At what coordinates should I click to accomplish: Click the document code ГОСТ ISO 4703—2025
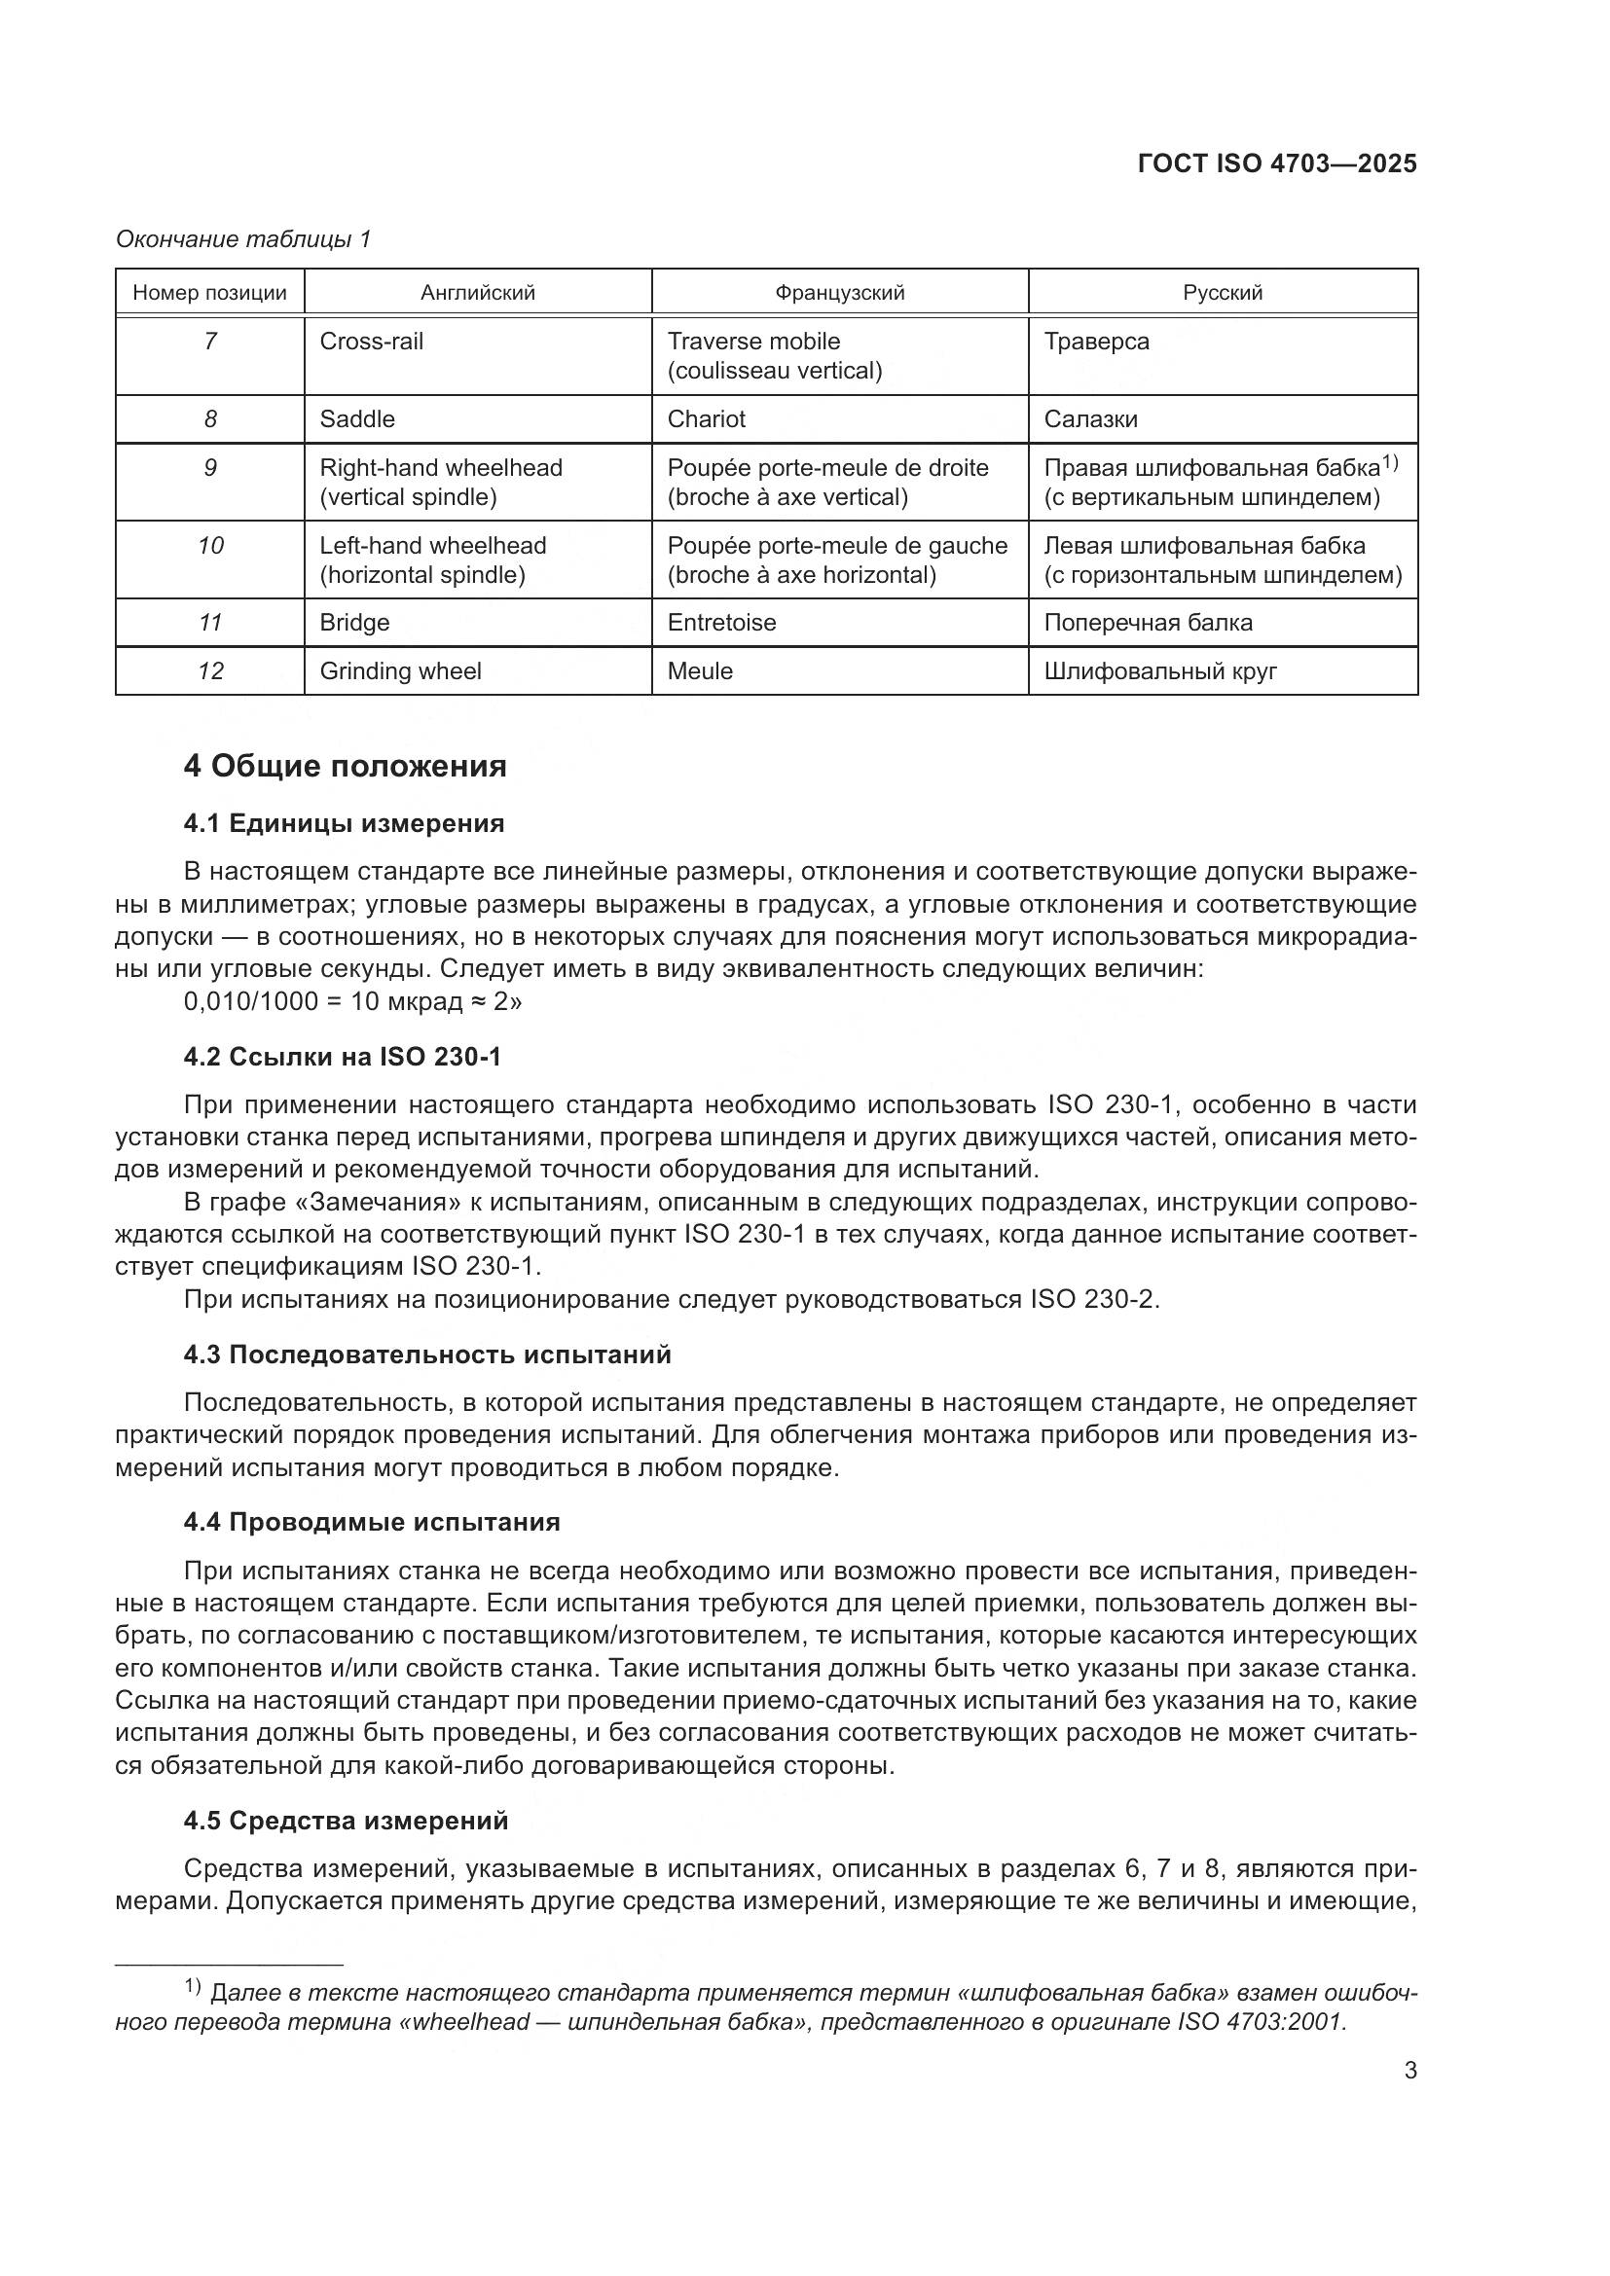point(1277,163)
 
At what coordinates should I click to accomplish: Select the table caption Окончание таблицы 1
point(243,239)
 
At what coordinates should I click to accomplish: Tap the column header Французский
point(839,293)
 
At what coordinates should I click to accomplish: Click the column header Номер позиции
point(209,293)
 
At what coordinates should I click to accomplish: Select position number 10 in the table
point(210,545)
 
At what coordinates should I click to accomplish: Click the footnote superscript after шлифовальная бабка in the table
point(1390,462)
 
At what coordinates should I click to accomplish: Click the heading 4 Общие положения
point(345,766)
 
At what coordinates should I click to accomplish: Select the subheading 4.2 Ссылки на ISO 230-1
point(342,1057)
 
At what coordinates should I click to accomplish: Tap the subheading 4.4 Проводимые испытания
point(372,1522)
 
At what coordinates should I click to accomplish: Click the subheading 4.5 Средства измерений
point(345,1820)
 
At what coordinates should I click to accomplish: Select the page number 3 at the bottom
point(1409,2070)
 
